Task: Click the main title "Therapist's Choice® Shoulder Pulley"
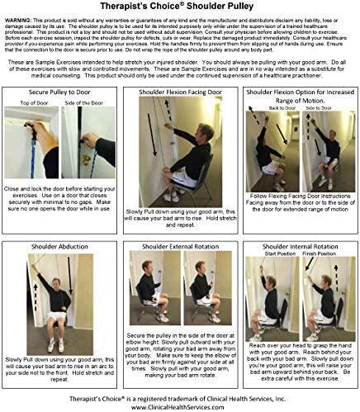coord(179,7)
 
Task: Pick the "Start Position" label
coord(277,254)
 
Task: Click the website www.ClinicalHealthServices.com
coord(179,405)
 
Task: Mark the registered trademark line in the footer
coord(179,395)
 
